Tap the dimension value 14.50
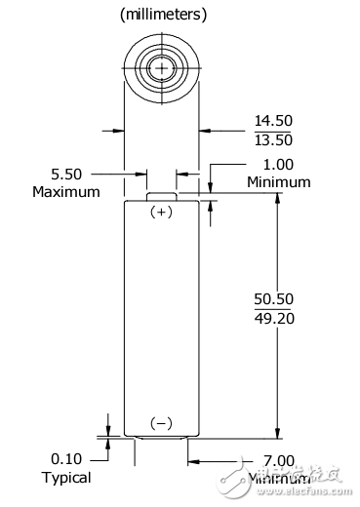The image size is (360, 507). [273, 120]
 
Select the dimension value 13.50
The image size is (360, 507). [273, 141]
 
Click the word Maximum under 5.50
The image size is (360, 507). [66, 191]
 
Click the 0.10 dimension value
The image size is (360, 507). [66, 458]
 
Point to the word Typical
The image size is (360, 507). [66, 478]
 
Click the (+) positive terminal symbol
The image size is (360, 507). [162, 212]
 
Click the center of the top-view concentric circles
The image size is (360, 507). [162, 68]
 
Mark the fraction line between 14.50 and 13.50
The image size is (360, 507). [273, 131]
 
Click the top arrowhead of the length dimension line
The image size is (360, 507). [278, 200]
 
